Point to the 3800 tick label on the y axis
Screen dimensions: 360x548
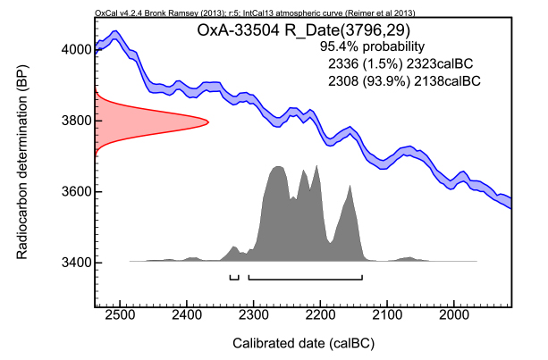point(71,121)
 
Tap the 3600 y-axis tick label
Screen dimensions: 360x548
point(71,191)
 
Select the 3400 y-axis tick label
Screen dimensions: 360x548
point(71,263)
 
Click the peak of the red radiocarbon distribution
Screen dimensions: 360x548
point(207,121)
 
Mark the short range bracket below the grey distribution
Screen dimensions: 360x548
point(234,279)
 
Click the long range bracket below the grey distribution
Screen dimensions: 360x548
point(306,279)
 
